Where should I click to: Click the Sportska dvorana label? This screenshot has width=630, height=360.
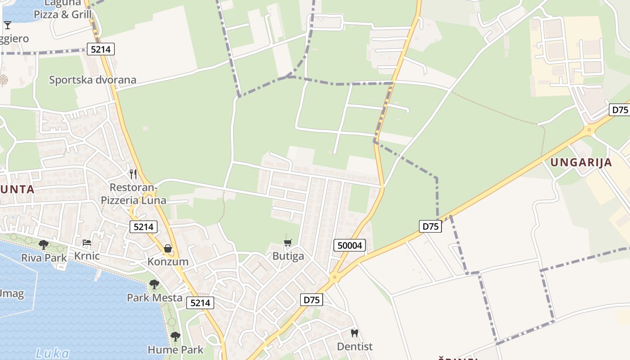pyautogui.click(x=92, y=80)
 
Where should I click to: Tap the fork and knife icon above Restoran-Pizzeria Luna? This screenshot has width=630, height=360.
pyautogui.click(x=133, y=174)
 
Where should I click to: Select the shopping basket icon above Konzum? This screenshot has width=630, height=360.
pyautogui.click(x=168, y=248)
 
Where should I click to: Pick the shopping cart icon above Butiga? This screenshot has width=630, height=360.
pyautogui.click(x=288, y=243)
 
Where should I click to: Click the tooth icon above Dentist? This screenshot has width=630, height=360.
pyautogui.click(x=355, y=333)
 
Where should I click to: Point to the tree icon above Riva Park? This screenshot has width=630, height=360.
pyautogui.click(x=44, y=245)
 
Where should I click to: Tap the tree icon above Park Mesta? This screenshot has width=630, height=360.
pyautogui.click(x=154, y=284)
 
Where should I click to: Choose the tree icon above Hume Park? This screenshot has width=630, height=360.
pyautogui.click(x=175, y=337)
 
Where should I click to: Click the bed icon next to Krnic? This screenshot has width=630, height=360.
pyautogui.click(x=87, y=243)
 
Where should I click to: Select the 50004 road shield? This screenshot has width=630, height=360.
pyautogui.click(x=350, y=245)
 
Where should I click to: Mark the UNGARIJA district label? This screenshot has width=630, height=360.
pyautogui.click(x=581, y=162)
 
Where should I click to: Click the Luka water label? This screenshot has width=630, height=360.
pyautogui.click(x=53, y=353)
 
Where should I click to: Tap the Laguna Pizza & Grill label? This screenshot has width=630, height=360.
pyautogui.click(x=63, y=9)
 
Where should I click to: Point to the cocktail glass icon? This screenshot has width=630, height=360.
pyautogui.click(x=8, y=25)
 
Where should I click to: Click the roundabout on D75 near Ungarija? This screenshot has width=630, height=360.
pyautogui.click(x=589, y=130)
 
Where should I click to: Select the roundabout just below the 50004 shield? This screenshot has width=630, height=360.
pyautogui.click(x=334, y=277)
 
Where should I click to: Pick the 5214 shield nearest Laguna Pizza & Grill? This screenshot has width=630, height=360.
pyautogui.click(x=100, y=49)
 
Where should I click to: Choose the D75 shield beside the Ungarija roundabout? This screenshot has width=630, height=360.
pyautogui.click(x=620, y=110)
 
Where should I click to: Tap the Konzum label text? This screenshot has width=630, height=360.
pyautogui.click(x=168, y=262)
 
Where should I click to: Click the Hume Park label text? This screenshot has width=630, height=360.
pyautogui.click(x=175, y=350)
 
